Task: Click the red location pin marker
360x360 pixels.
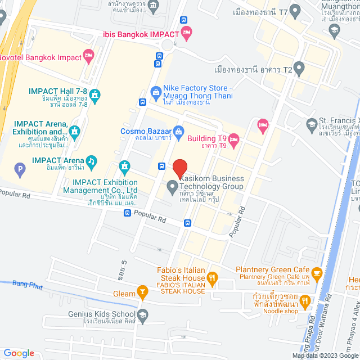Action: [x=180, y=168]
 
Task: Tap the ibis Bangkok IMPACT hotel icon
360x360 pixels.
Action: [x=187, y=33]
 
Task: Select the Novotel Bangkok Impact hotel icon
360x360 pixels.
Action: [x=88, y=55]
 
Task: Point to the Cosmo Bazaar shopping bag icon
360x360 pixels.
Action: [x=178, y=132]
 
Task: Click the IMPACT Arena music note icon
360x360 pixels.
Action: [x=92, y=161]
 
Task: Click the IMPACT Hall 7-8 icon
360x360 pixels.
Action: [x=95, y=94]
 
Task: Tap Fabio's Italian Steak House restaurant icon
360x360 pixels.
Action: [x=212, y=277]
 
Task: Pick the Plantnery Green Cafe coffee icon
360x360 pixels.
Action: [x=317, y=273]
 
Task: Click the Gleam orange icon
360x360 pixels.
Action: [x=141, y=293]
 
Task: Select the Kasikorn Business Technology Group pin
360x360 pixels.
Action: [x=173, y=185]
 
